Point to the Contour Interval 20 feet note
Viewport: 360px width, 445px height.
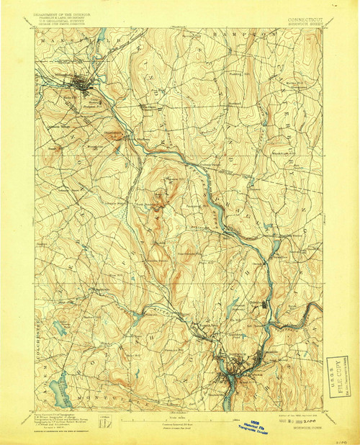click(180, 423)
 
